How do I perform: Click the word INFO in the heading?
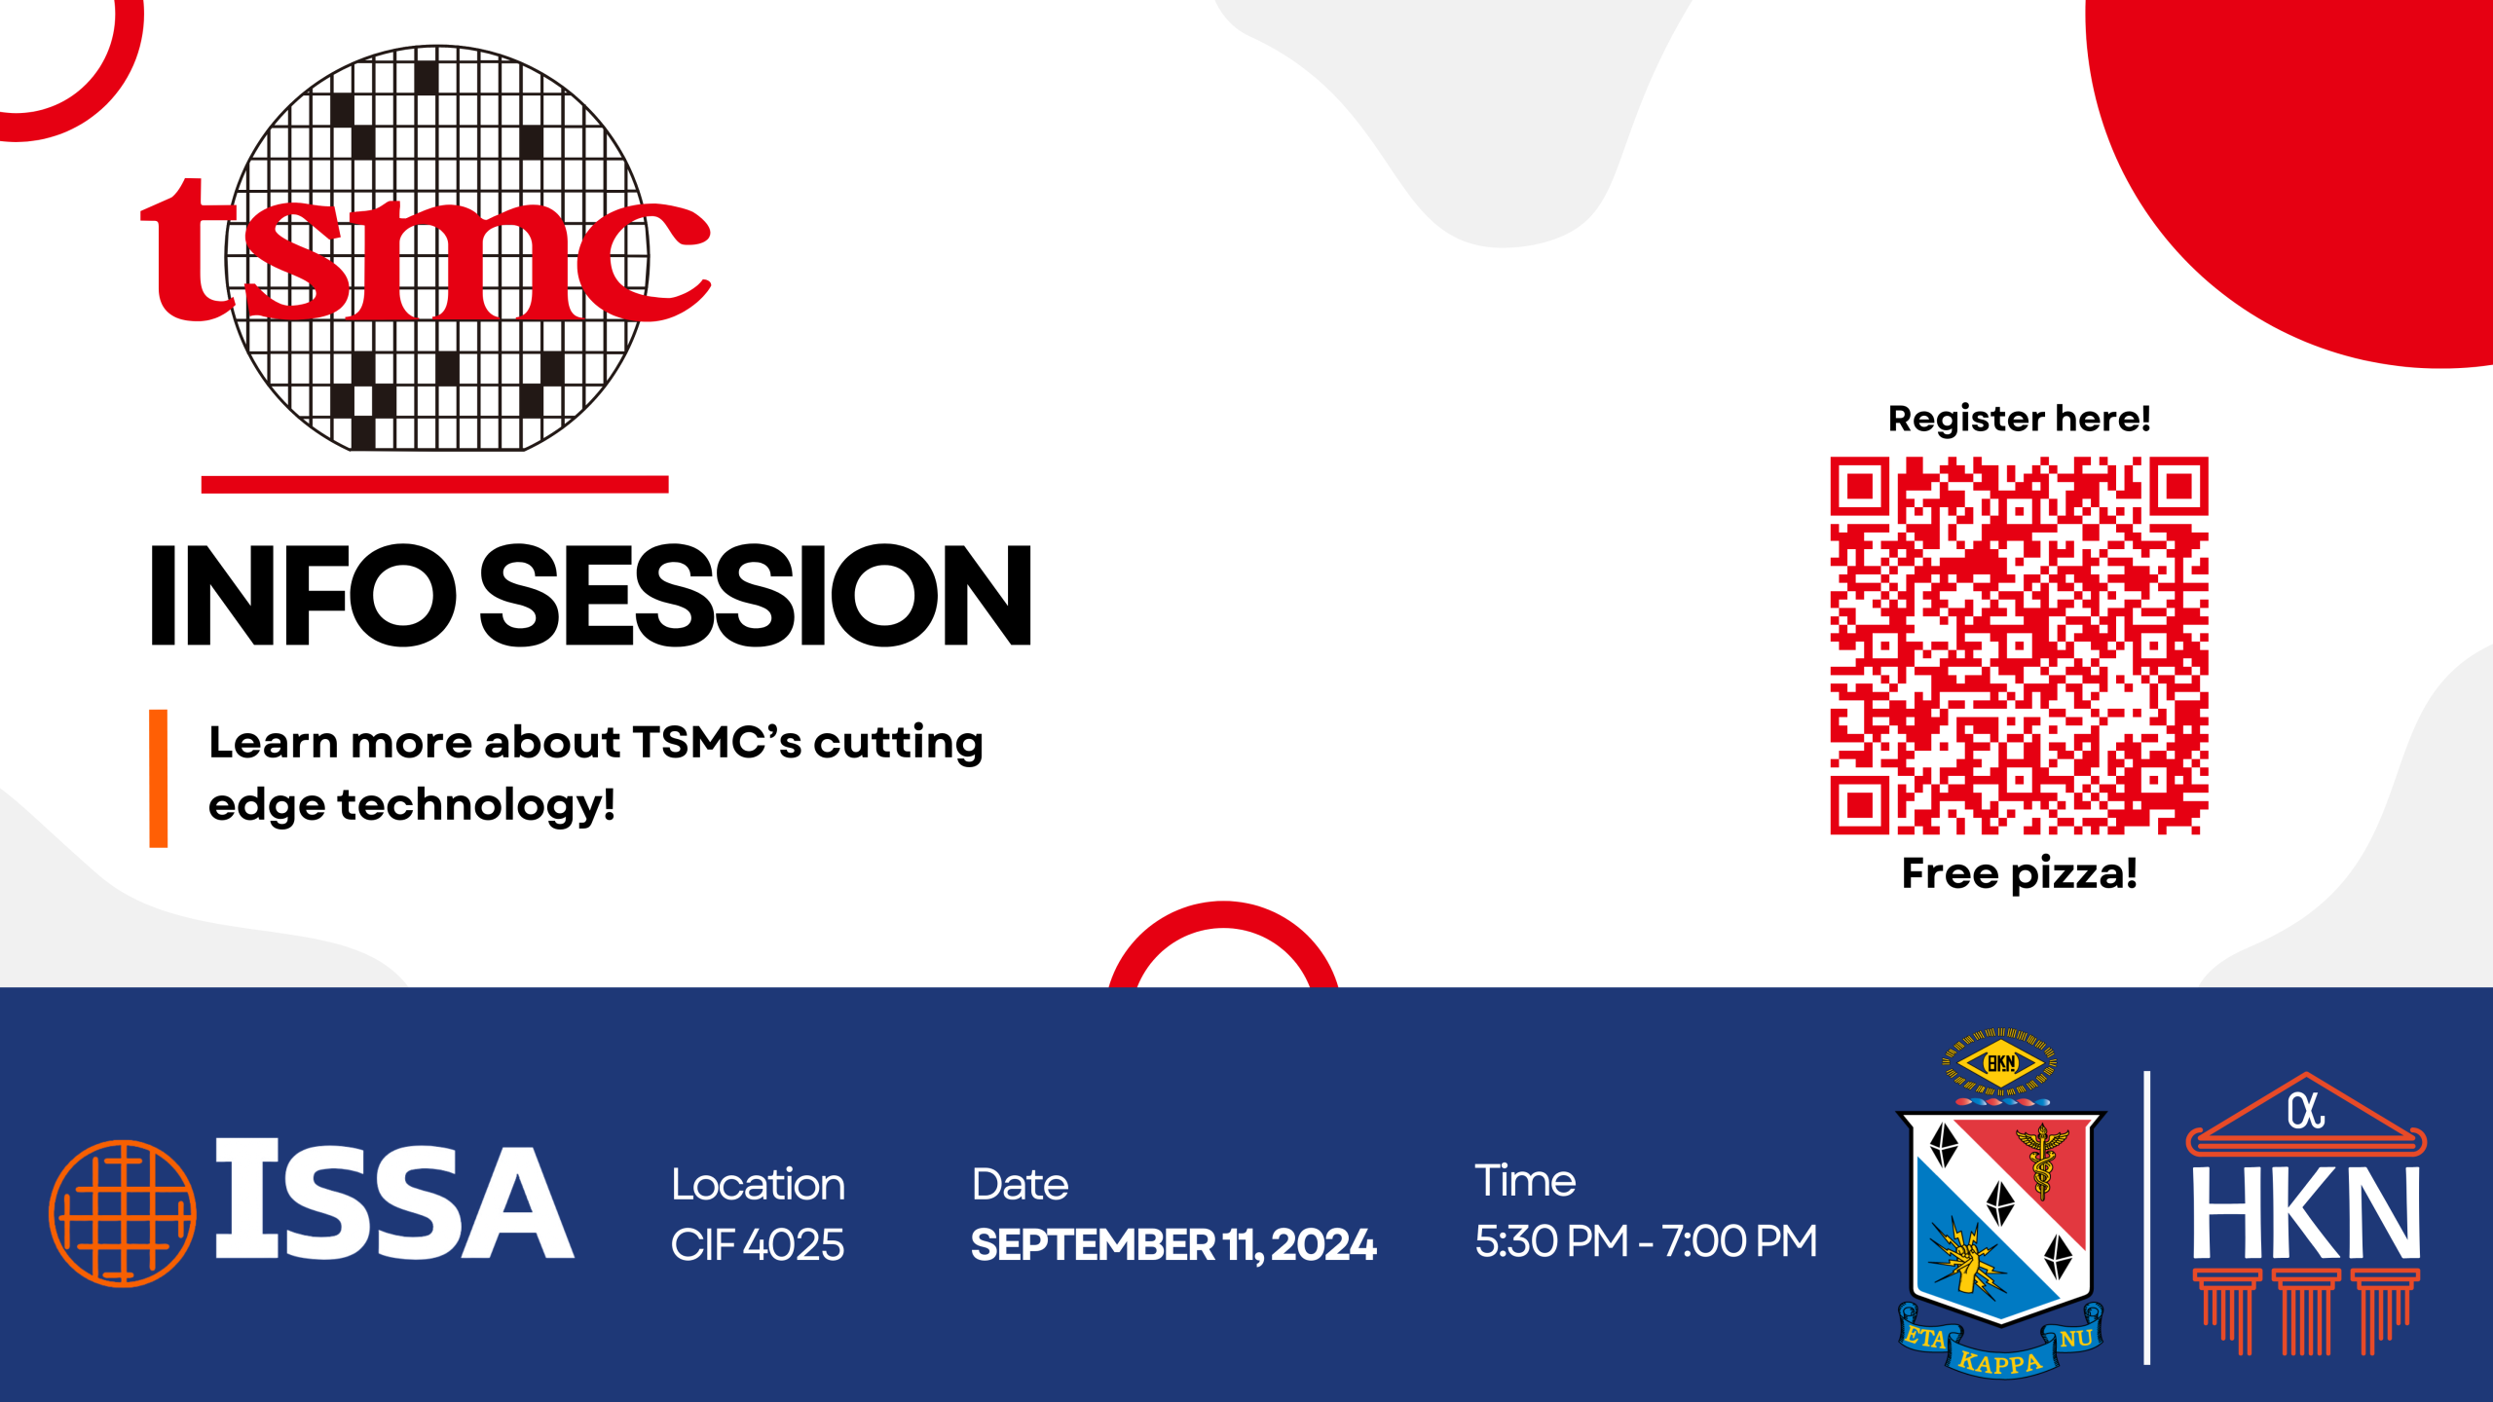click(x=303, y=595)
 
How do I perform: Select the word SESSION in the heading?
click(x=756, y=595)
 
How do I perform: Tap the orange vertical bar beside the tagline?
click(x=158, y=778)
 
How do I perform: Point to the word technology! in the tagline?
click(x=476, y=805)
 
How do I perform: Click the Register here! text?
click(x=2019, y=419)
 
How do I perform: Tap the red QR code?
click(x=2019, y=646)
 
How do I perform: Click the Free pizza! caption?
click(x=2019, y=873)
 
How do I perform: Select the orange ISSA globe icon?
click(x=123, y=1213)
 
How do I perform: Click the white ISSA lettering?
click(x=394, y=1199)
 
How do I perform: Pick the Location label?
click(x=759, y=1184)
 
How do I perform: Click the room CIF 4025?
click(x=758, y=1244)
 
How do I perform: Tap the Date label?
click(x=1021, y=1184)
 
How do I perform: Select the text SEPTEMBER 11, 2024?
click(x=1173, y=1245)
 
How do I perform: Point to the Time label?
click(x=1525, y=1180)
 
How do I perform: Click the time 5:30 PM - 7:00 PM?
click(x=1646, y=1240)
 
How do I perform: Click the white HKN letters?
click(x=2305, y=1212)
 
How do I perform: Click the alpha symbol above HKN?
click(x=2306, y=1111)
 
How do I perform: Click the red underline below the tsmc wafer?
click(x=434, y=485)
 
